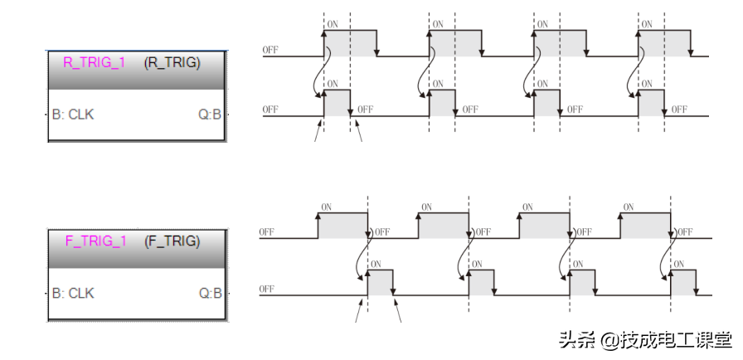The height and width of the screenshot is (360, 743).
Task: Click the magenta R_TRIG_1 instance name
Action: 94,62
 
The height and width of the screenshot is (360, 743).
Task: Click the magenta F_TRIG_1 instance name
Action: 95,241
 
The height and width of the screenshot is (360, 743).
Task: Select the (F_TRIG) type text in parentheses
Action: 172,241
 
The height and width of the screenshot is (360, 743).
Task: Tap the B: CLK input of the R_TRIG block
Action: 73,114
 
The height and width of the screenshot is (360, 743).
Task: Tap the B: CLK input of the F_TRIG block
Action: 73,293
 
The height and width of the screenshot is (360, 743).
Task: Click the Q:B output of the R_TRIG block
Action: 210,114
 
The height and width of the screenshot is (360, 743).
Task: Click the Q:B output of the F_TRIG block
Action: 210,293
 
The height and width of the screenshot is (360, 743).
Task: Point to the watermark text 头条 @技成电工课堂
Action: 645,340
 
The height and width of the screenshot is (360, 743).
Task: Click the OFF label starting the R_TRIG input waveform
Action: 270,50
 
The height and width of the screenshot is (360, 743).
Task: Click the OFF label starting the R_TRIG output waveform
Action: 270,109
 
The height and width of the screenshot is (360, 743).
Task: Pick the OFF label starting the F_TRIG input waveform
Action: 267,231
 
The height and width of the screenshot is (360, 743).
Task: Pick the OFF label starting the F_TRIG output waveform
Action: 267,289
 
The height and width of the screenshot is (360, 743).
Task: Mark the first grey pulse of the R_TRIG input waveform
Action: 350,44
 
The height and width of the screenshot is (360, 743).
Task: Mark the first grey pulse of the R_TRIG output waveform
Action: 337,103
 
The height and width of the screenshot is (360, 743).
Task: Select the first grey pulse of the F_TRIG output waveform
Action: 381,283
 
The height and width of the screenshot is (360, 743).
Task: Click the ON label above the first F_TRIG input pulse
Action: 327,207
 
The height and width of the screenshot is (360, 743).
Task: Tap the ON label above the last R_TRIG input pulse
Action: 648,24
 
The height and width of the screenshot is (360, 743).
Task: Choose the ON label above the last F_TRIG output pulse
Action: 679,264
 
